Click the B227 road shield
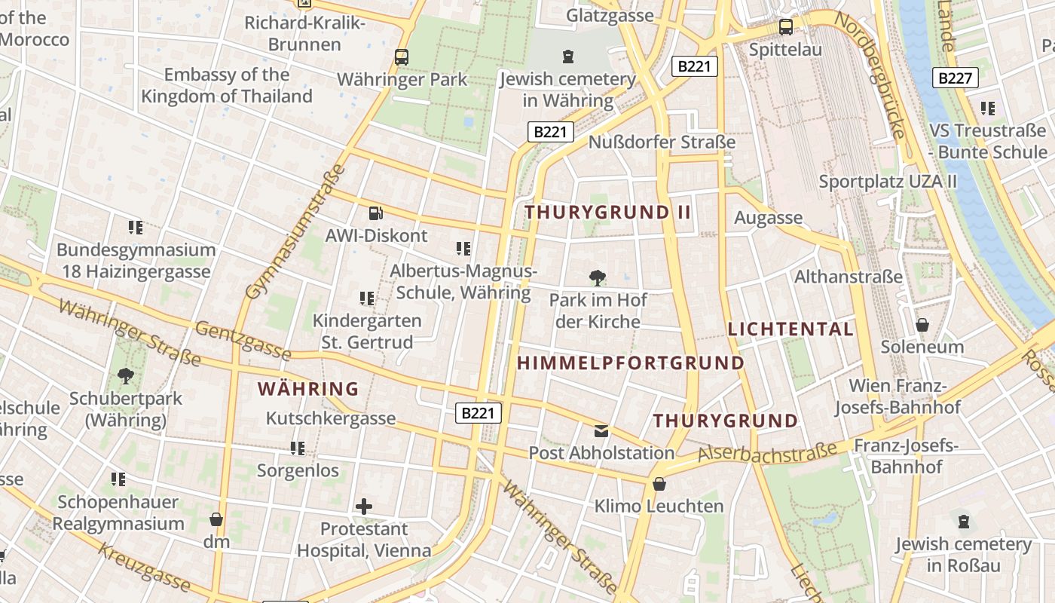(955, 78)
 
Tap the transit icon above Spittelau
(786, 27)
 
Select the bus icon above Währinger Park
(402, 57)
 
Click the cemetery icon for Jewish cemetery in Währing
(567, 56)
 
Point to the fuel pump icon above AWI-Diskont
(375, 213)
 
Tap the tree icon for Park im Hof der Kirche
(598, 278)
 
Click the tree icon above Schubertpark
(126, 375)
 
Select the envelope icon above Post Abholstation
(601, 431)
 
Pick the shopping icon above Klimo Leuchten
(659, 484)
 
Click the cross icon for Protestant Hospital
(364, 506)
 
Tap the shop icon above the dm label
(216, 519)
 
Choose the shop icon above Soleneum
(922, 325)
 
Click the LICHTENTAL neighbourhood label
(790, 329)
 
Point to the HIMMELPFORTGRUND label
(631, 363)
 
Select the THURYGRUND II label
(607, 213)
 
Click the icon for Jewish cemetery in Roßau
(963, 522)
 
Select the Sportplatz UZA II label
(887, 182)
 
